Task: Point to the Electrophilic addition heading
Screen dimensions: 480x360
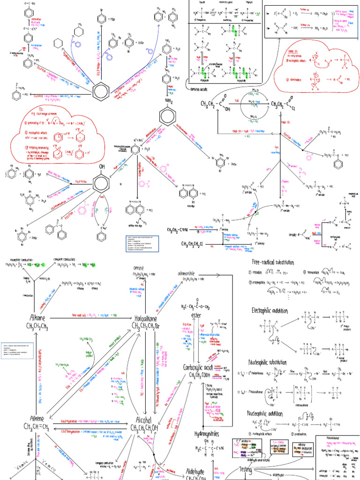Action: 270,298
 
